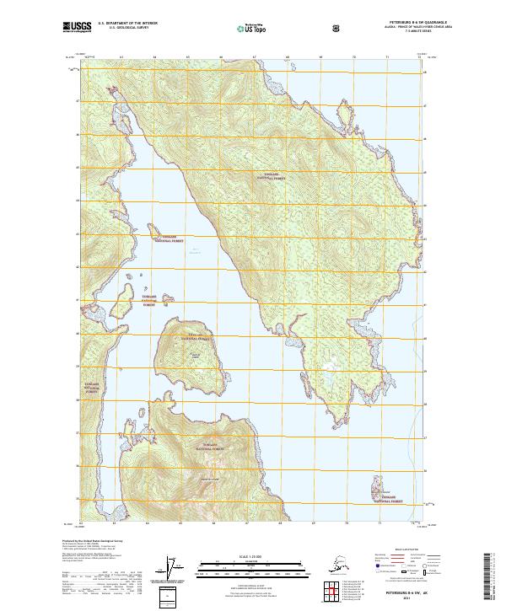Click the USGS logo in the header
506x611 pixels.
pyautogui.click(x=77, y=28)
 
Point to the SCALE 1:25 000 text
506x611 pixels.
pyautogui.click(x=252, y=555)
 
